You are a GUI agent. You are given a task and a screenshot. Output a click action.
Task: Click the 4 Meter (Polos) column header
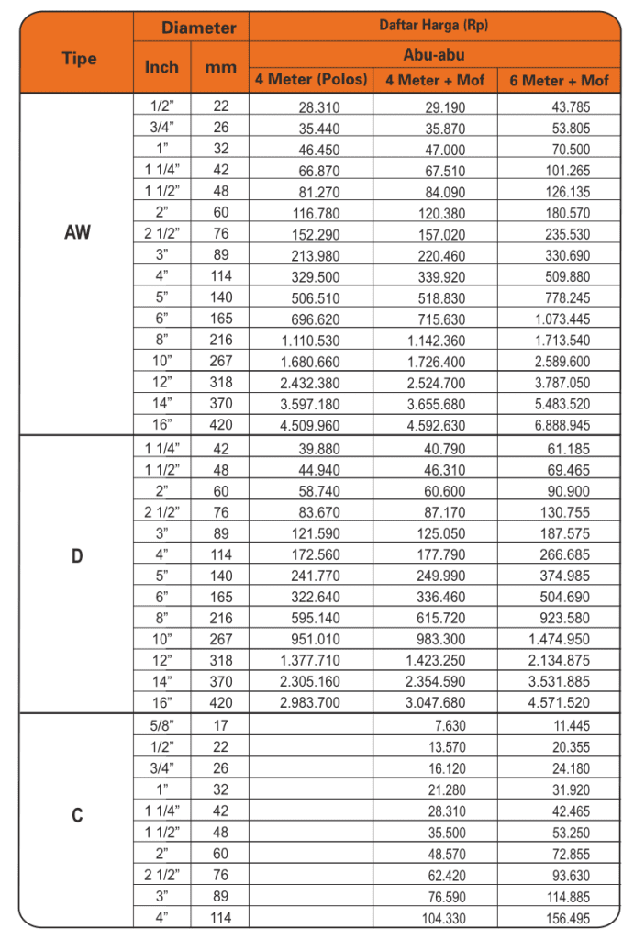coord(311,80)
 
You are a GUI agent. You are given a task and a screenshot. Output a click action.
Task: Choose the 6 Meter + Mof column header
coord(559,80)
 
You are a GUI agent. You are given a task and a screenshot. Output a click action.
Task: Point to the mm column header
coord(220,67)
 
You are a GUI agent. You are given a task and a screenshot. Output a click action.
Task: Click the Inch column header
coord(162,67)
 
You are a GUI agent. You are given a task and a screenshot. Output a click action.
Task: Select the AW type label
coord(78,232)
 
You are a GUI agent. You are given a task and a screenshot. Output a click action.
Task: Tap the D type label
coord(78,556)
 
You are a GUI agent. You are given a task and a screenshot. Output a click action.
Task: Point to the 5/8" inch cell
coord(162,725)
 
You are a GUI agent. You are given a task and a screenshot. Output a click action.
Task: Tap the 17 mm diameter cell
coord(220,725)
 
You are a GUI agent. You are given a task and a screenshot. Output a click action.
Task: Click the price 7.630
coord(448,725)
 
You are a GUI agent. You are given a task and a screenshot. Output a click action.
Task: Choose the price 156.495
coord(566,918)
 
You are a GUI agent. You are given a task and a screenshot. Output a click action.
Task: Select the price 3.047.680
coord(436,704)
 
